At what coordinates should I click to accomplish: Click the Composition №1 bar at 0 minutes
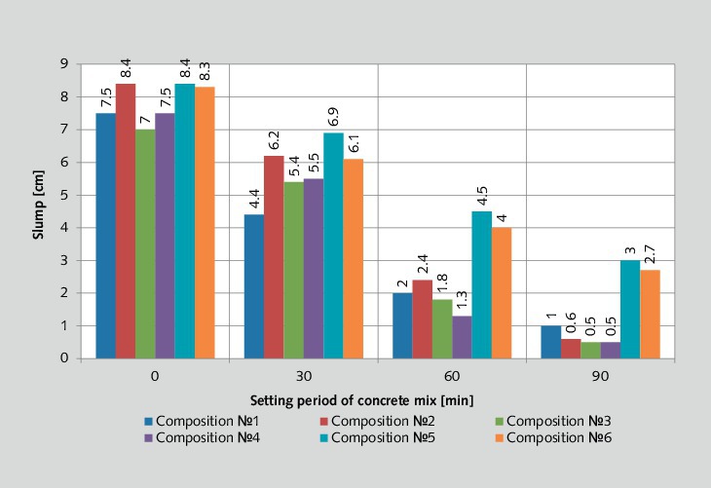[x=105, y=236]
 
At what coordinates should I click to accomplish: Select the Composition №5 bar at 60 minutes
[x=481, y=284]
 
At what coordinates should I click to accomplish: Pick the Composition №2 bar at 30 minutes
[x=273, y=257]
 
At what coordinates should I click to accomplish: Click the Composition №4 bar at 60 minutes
[x=462, y=337]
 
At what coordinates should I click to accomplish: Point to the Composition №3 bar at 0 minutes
[x=145, y=244]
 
